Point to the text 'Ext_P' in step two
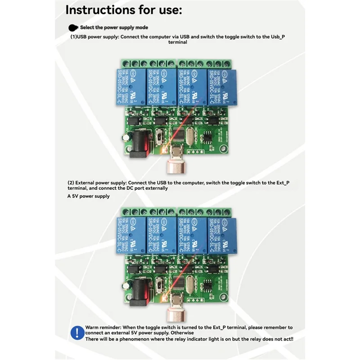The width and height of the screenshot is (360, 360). click(x=280, y=182)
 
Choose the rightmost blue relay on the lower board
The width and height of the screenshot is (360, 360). click(x=220, y=237)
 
